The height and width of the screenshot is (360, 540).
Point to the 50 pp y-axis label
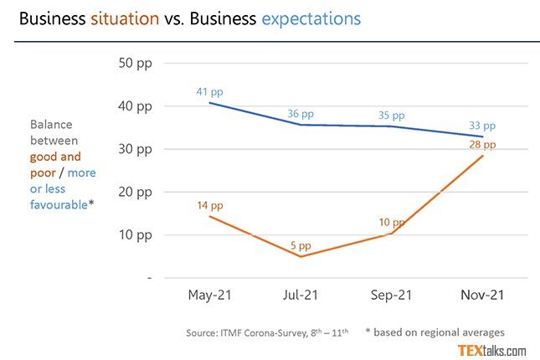137,64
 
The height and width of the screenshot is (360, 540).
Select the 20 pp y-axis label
137,192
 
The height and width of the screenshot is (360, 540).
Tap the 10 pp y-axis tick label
137,234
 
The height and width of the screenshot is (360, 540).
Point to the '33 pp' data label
483,126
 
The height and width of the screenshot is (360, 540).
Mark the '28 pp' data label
483,145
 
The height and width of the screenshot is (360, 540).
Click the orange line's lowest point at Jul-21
301,256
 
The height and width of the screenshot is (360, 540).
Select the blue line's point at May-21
208,102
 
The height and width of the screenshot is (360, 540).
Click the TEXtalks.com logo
492,350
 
